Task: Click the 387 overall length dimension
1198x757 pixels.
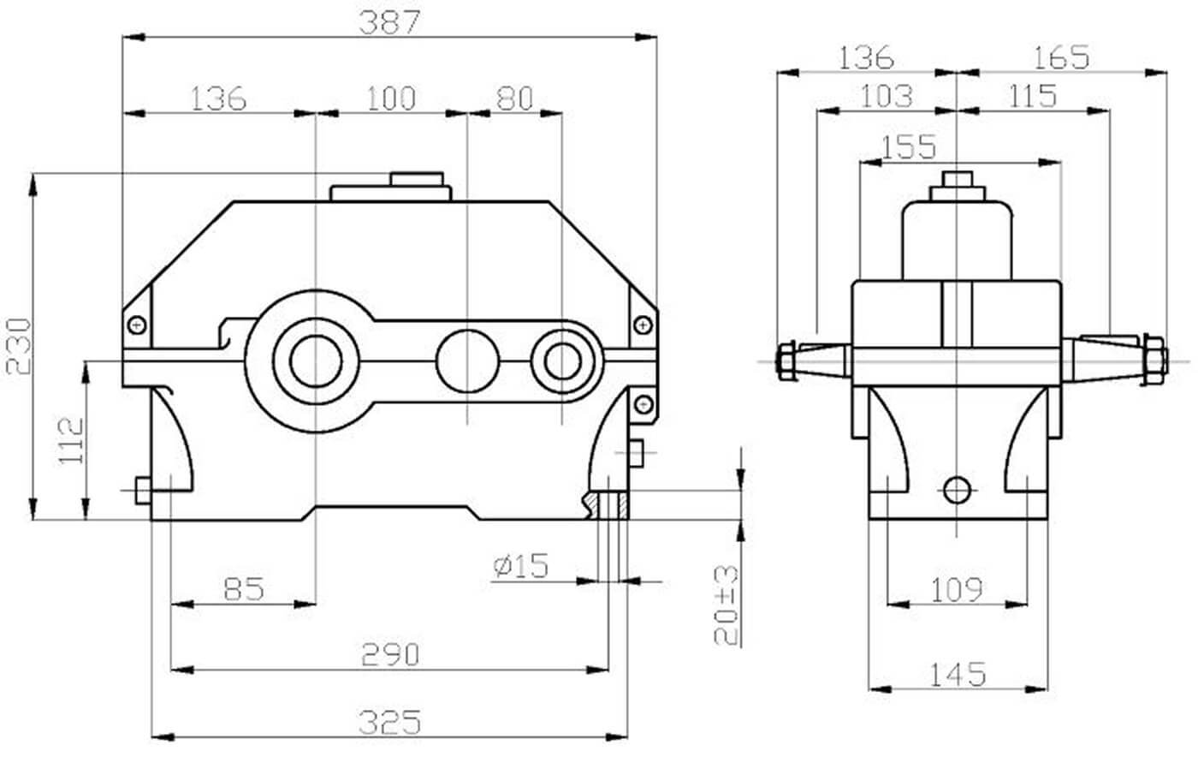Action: pyautogui.click(x=389, y=23)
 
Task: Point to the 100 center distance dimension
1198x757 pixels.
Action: pyautogui.click(x=391, y=98)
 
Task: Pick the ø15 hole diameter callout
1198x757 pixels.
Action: pyautogui.click(x=521, y=565)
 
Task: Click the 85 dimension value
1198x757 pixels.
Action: pyautogui.click(x=244, y=589)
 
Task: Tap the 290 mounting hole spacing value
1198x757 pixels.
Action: pyautogui.click(x=389, y=655)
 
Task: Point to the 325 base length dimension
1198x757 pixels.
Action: pyautogui.click(x=389, y=723)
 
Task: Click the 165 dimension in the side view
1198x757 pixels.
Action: pyautogui.click(x=1060, y=57)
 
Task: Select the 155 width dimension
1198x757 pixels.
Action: pyautogui.click(x=908, y=147)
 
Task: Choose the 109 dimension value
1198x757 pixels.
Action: pyautogui.click(x=957, y=589)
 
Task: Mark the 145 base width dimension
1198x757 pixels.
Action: pyautogui.click(x=958, y=675)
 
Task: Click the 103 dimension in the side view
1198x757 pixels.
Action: pyautogui.click(x=886, y=96)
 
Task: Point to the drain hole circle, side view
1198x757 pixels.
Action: pyautogui.click(x=957, y=489)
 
